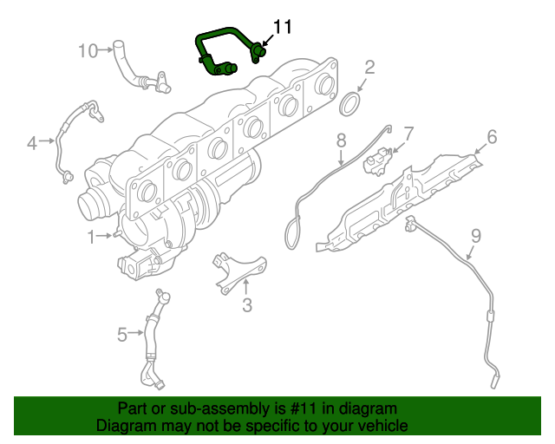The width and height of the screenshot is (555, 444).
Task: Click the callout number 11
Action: point(284,27)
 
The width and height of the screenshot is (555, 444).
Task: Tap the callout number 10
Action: point(88,50)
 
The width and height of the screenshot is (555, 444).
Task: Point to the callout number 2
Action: point(369,68)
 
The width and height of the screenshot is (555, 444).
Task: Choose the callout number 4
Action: point(32,142)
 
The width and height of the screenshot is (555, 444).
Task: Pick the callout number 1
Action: point(92,235)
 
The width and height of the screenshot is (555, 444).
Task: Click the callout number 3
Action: point(246,304)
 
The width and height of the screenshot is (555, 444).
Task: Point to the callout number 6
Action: point(491,136)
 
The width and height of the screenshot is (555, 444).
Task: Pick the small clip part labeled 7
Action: point(378,161)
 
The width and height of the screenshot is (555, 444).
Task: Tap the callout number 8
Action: point(341,140)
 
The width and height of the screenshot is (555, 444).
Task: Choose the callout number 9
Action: point(474,234)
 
